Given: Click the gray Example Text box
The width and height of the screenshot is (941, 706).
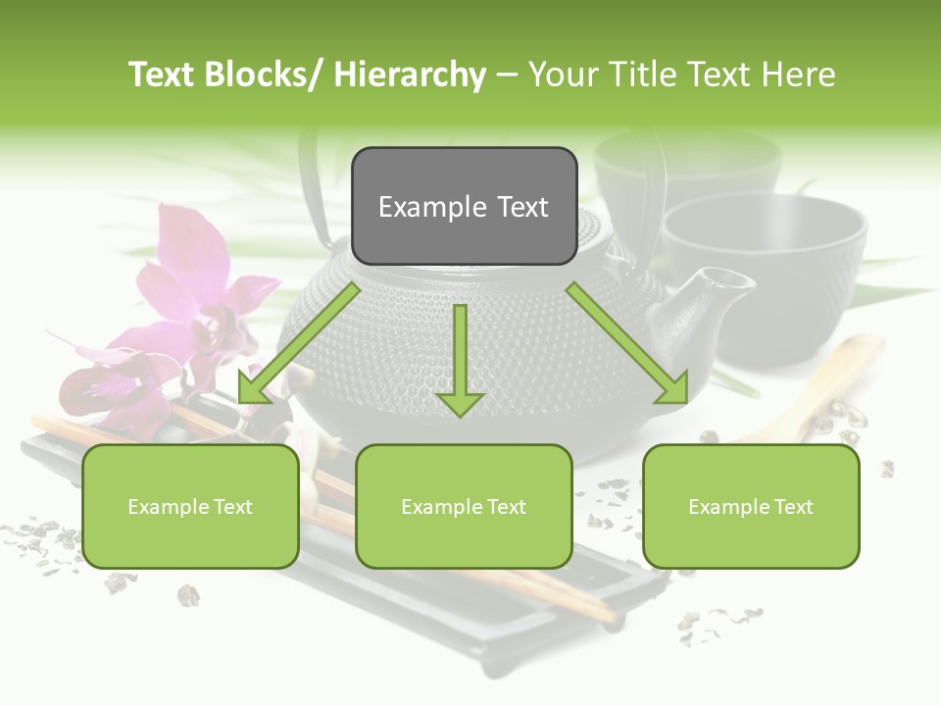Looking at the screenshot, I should coord(464,206).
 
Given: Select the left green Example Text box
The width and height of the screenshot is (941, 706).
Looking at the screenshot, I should coord(190,506).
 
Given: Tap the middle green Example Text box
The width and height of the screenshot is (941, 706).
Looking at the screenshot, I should coord(464,506).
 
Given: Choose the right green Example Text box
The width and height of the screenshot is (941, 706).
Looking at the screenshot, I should coord(751,506).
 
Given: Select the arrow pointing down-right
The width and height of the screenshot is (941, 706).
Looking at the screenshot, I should coord(628,344).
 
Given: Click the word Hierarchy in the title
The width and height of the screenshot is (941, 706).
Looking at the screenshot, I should coord(410,75).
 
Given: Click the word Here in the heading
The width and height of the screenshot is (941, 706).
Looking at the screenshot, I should coord(801,75).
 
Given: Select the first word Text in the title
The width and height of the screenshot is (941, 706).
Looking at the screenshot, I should coord(165,75).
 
